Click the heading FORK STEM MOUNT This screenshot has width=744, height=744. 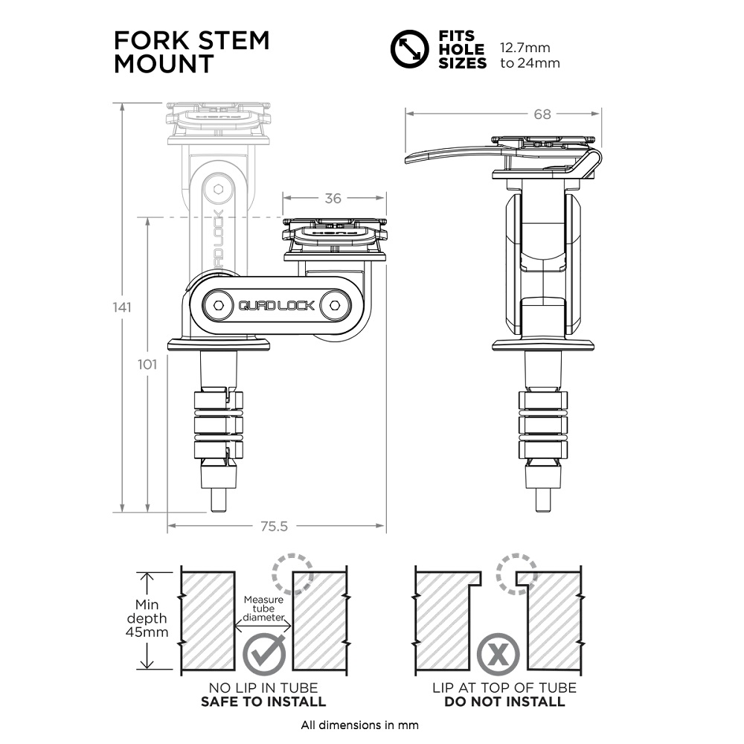point(191,51)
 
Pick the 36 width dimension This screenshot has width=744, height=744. point(334,199)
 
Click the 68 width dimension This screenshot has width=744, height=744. point(542,114)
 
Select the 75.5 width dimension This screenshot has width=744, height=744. point(274,526)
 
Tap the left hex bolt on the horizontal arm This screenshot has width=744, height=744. point(217,305)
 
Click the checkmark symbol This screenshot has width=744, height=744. point(265,654)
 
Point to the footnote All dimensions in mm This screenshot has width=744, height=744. point(359,725)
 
